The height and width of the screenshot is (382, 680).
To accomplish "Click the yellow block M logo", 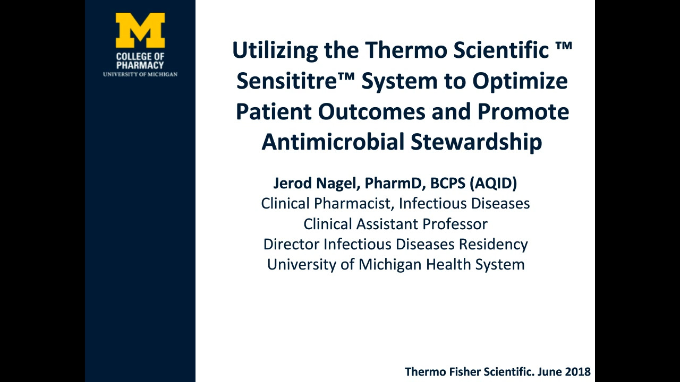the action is click(140, 30).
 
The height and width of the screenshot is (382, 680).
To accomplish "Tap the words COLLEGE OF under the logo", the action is click(140, 57).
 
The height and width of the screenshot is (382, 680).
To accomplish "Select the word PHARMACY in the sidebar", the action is click(140, 65).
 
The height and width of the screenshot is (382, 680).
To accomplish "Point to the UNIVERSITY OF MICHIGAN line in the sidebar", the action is click(140, 74).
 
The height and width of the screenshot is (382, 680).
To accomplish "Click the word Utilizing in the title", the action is click(275, 50).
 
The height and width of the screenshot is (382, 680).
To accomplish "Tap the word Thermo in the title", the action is click(406, 50).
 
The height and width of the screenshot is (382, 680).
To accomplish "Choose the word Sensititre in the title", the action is click(287, 81).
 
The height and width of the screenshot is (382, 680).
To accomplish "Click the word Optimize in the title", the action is click(520, 82).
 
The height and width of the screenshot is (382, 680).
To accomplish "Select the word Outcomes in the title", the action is click(372, 112).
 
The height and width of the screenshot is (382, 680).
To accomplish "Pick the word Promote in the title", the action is click(523, 112).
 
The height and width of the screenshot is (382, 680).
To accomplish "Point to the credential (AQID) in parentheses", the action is click(494, 184).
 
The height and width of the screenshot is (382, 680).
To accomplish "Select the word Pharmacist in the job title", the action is click(354, 203).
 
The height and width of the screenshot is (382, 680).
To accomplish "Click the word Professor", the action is click(455, 224).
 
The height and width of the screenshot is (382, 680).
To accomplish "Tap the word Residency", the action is click(494, 245).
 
